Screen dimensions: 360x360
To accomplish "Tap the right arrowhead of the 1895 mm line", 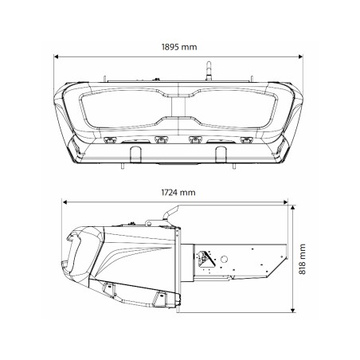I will click(x=304, y=57).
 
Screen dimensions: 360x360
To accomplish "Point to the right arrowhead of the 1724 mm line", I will click(x=291, y=202).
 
